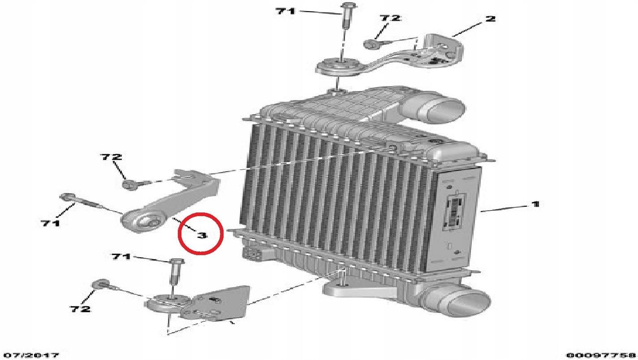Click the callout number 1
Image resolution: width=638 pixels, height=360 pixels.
click(x=535, y=204)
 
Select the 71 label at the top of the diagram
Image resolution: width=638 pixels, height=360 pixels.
click(x=285, y=11)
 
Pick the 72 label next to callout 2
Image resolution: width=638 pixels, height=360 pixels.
click(x=390, y=18)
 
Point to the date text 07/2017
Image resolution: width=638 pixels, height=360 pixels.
click(x=32, y=355)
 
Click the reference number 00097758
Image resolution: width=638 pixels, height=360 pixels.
click(x=601, y=355)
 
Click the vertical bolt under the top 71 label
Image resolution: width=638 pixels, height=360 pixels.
click(x=346, y=16)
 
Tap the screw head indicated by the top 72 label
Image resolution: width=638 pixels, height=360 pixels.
click(x=370, y=44)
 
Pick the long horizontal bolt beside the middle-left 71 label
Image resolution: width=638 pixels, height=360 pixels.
click(x=82, y=202)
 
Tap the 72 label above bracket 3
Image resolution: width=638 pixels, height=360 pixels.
click(x=111, y=157)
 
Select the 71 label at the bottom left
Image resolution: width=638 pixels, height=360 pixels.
click(x=121, y=256)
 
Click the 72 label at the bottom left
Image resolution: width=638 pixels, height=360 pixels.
click(x=80, y=309)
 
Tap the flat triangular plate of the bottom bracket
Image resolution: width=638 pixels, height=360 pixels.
click(x=225, y=302)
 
